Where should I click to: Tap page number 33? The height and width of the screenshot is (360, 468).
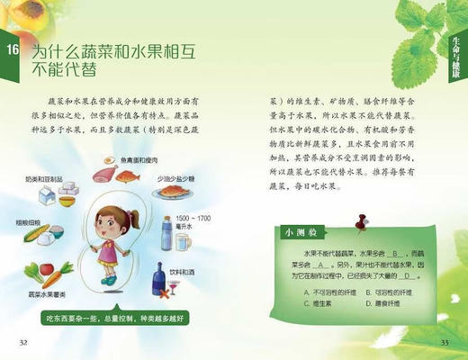pos(444,343)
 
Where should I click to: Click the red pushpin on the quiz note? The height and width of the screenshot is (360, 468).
pos(363,220)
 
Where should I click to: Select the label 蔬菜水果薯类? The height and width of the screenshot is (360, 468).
pos(48,293)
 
